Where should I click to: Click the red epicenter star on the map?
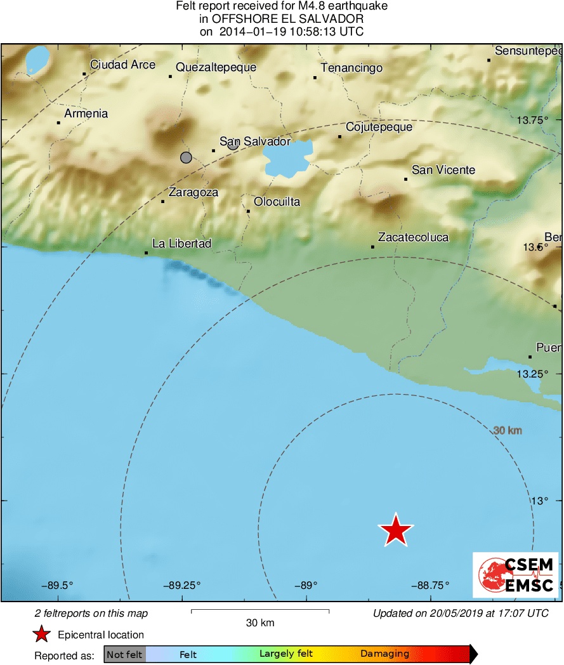click(396, 530)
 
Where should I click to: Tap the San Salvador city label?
click(254, 142)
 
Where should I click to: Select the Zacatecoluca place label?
click(413, 237)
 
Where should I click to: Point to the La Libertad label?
click(181, 244)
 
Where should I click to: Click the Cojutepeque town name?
click(379, 127)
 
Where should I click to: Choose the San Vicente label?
click(443, 170)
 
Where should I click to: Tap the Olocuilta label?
click(277, 202)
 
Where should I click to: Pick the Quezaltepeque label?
click(216, 67)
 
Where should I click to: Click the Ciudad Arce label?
click(122, 65)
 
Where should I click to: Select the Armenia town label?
click(86, 114)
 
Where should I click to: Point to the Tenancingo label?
click(351, 68)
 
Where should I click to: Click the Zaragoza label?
click(193, 192)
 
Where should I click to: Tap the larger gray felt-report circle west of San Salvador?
click(186, 157)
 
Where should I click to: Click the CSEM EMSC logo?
click(515, 575)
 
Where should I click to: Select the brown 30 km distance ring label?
click(508, 431)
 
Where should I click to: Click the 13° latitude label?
click(539, 501)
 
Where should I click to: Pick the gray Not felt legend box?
click(125, 654)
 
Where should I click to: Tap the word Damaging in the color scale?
click(384, 654)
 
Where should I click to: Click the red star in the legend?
click(42, 634)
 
